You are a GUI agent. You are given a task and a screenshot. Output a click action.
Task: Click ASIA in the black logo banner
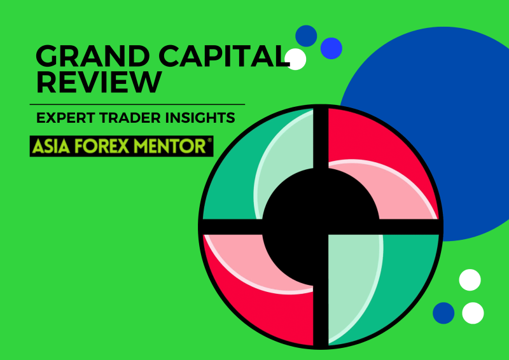click(50, 146)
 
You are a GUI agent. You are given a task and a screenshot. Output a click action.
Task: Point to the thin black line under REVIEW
click(137, 104)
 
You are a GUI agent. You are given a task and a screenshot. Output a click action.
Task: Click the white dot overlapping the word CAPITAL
click(296, 59)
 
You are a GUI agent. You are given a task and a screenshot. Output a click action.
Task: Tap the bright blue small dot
click(331, 48)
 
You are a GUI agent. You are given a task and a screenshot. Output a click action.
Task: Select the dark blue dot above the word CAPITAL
click(307, 35)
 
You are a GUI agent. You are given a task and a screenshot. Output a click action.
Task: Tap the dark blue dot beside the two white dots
click(443, 313)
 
